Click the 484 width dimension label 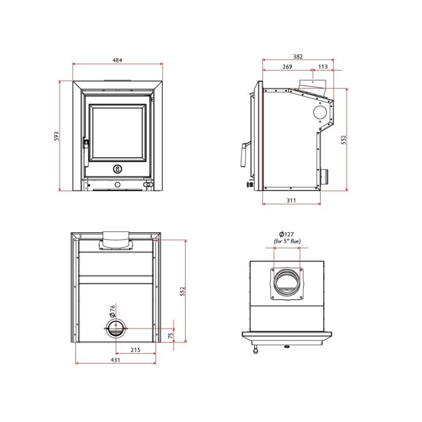117,60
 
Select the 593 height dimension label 56,136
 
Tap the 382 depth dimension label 298,57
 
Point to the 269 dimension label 287,66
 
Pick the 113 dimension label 323,66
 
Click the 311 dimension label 291,200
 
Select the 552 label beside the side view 344,140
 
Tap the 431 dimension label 115,360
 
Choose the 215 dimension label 136,350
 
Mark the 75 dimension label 170,335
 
